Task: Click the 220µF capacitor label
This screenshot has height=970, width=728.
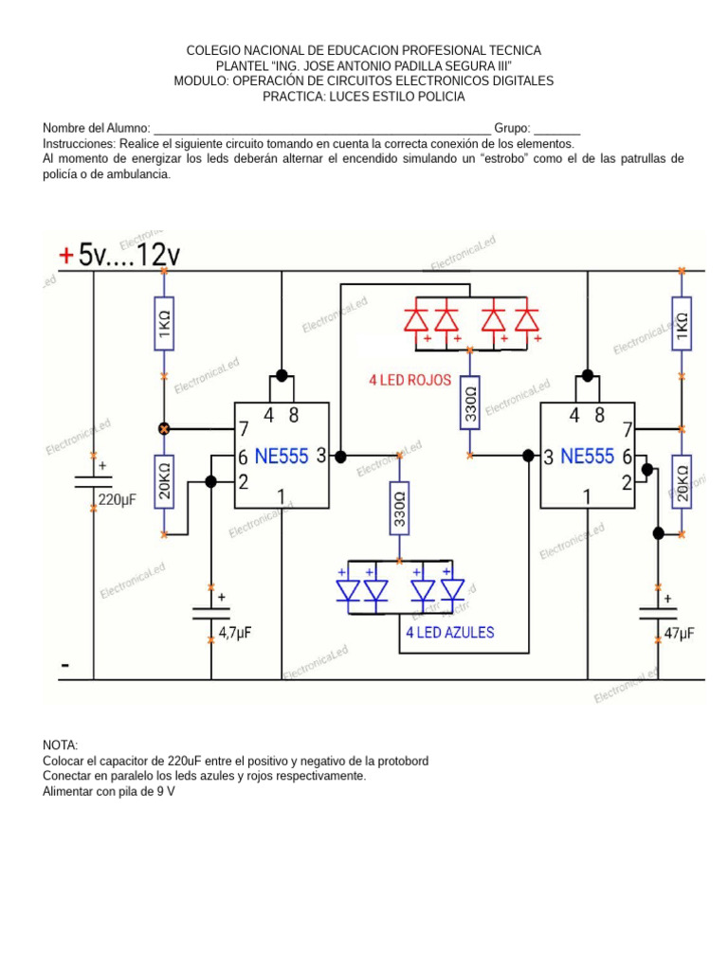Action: (118, 499)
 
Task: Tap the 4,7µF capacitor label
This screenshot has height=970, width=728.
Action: (235, 632)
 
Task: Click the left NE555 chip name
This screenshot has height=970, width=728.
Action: (282, 457)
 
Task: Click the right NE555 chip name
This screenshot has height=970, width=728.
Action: (588, 457)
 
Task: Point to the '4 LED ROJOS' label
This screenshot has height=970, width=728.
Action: (410, 381)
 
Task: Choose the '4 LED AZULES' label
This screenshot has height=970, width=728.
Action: (449, 632)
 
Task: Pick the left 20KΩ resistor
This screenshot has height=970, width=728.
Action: (164, 481)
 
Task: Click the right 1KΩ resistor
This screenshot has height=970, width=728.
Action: (681, 323)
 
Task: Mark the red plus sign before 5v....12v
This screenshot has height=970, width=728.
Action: (65, 255)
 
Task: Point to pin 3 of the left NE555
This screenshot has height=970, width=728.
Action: (321, 457)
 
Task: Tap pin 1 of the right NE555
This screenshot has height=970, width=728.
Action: (588, 495)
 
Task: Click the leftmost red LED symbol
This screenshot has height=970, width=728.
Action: (415, 319)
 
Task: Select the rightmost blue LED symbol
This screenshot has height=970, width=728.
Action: (453, 589)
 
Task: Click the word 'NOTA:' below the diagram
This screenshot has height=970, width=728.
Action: (61, 745)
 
